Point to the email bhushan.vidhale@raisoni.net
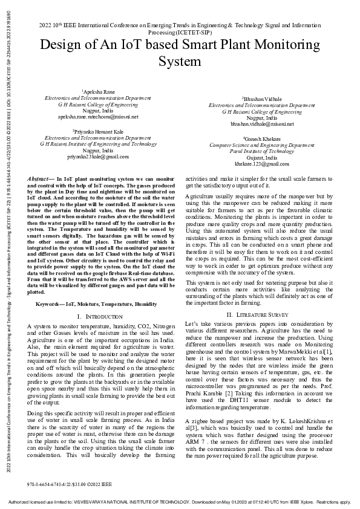262,124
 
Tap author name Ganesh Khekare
262,139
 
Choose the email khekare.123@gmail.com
262,164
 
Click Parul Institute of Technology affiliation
262,151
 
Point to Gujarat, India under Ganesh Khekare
262,158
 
